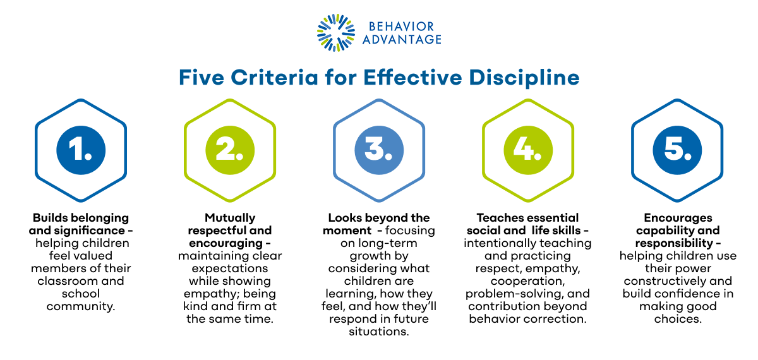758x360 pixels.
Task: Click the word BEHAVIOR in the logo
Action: coord(402,27)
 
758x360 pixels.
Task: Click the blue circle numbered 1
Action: coord(80,151)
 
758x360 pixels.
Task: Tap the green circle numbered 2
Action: coord(229,151)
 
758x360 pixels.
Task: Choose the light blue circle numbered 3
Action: coord(379,151)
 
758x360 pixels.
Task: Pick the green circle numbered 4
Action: coord(528,151)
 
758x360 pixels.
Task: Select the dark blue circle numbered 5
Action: coord(677,151)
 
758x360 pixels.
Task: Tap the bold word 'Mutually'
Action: coord(230,218)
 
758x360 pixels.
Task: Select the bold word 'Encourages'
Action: coord(677,218)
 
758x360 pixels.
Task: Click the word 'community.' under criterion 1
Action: coord(80,306)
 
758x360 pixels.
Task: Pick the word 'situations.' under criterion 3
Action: coord(379,332)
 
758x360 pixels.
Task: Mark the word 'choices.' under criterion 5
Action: coord(677,319)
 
